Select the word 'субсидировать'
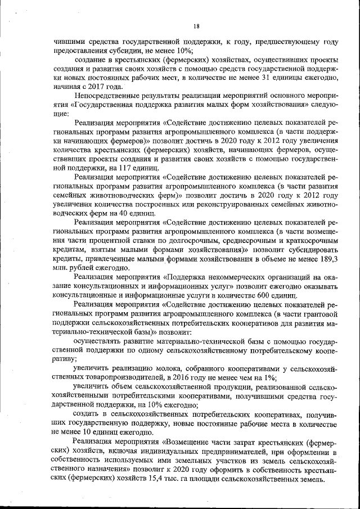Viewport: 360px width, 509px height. click(x=309, y=250)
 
